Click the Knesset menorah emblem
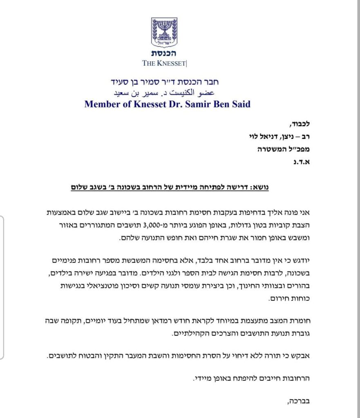164,32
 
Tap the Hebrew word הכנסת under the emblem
164,53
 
